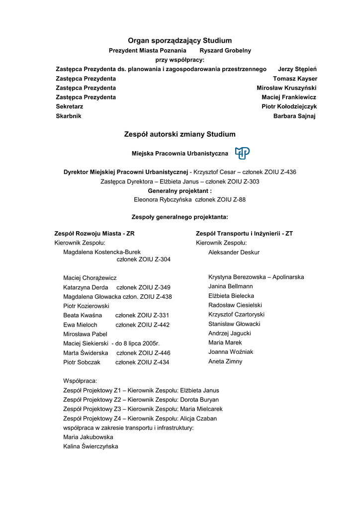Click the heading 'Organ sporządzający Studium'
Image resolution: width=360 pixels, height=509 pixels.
coord(180,40)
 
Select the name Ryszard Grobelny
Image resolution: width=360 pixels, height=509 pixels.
coord(225,50)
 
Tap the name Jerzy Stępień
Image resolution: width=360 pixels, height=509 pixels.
coord(297,69)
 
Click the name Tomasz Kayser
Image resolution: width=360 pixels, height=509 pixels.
coord(295,79)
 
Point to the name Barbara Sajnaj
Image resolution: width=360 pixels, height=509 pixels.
coord(294,116)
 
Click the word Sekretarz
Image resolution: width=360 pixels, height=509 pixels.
coord(69,107)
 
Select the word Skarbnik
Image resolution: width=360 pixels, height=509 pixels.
coord(68,116)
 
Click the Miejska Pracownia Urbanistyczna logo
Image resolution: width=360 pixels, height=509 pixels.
coord(242,153)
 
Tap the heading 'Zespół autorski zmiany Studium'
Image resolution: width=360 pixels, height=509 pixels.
coord(180,134)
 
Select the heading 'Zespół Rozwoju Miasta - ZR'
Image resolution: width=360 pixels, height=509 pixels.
coord(94,233)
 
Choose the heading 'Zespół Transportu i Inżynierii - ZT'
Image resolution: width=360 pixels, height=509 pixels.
coord(244,233)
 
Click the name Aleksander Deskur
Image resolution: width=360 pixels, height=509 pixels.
coord(234,253)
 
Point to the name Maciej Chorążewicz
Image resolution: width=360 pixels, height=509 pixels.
coord(90,278)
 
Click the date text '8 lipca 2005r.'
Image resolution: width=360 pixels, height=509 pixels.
coord(141,343)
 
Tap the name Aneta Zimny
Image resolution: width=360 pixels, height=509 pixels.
coord(225,362)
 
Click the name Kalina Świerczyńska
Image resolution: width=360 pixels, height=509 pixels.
coord(90,446)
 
